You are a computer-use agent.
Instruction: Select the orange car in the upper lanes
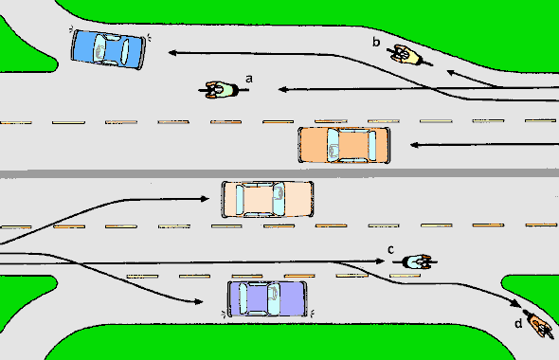click(344, 145)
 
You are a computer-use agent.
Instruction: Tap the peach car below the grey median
click(267, 199)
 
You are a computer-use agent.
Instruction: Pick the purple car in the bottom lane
click(268, 298)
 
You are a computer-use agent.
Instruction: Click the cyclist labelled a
click(221, 90)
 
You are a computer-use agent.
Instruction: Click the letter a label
click(249, 79)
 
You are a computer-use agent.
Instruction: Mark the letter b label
click(376, 42)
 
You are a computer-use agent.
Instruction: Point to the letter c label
click(390, 249)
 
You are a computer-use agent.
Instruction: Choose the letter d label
click(517, 325)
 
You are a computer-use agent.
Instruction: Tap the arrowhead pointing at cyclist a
click(282, 90)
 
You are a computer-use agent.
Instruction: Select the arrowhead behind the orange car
click(414, 145)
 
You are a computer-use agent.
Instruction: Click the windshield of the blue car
click(125, 49)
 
